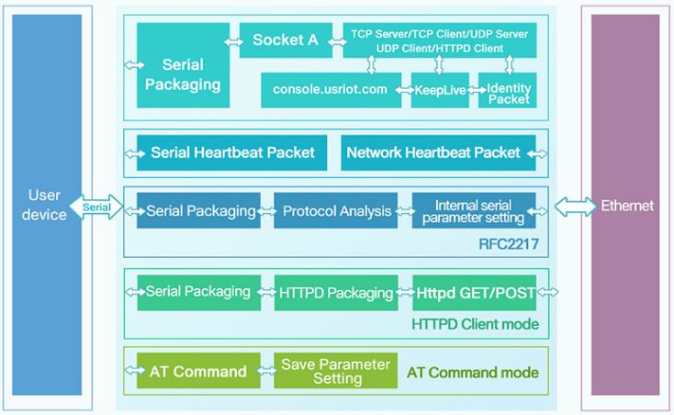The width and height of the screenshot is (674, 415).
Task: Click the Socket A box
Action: pyautogui.click(x=286, y=40)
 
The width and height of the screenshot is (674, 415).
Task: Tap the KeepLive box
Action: pyautogui.click(x=440, y=90)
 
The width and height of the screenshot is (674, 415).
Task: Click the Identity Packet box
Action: pyautogui.click(x=508, y=92)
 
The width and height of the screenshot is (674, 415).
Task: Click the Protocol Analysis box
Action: pyautogui.click(x=336, y=211)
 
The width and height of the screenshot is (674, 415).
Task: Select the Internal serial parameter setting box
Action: pyautogui.click(x=474, y=211)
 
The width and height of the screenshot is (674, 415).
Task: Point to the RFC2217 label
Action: pyautogui.click(x=509, y=244)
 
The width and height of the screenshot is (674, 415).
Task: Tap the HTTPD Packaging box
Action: pyautogui.click(x=336, y=293)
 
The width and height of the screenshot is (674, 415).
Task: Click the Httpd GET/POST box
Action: pyautogui.click(x=474, y=293)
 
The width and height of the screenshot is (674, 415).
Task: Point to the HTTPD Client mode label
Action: pyautogui.click(x=475, y=324)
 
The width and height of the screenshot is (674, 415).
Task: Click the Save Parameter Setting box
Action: pyautogui.click(x=336, y=372)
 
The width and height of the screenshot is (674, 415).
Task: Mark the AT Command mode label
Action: pyautogui.click(x=473, y=373)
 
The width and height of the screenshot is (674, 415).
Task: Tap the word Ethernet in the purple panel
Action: pyautogui.click(x=627, y=206)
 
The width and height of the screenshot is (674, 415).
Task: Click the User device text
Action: pyautogui.click(x=47, y=206)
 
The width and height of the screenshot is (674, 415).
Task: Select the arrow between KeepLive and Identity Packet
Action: pyautogui.click(x=475, y=90)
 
